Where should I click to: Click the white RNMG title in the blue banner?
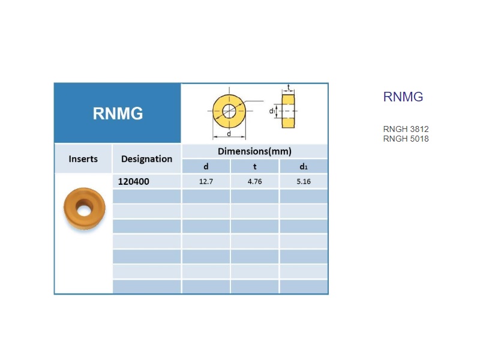tap(118, 113)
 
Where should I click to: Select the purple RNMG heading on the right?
tap(403, 97)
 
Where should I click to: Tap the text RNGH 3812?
tap(406, 129)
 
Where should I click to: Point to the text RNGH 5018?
tap(406, 139)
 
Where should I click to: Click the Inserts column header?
tap(83, 159)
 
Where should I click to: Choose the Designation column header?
tap(146, 159)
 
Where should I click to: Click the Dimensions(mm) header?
tap(254, 151)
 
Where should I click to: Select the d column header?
tap(206, 167)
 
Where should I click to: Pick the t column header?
tap(254, 167)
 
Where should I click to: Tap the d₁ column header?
tap(304, 167)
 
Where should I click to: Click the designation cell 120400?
tap(133, 182)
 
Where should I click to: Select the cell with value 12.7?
tap(206, 182)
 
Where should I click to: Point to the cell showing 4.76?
tap(254, 182)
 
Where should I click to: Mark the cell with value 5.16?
tap(304, 182)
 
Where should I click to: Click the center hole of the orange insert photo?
tap(83, 211)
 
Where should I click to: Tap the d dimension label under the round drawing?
tap(229, 134)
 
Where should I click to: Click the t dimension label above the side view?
tap(288, 87)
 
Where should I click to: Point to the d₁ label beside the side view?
tap(272, 111)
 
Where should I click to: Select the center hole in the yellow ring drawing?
tap(229, 111)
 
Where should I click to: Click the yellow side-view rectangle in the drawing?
tap(288, 111)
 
